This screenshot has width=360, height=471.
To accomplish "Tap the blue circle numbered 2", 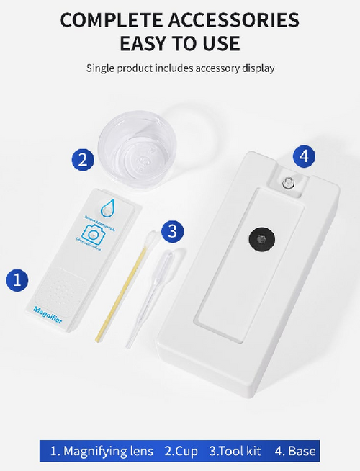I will pos(84,159).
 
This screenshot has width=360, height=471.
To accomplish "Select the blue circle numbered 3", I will pos(172,231).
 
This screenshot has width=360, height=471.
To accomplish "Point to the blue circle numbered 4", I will pos(305,155).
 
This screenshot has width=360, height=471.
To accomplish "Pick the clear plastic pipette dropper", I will pos(151,288).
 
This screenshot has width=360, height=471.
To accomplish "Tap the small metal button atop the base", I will pos(288,182).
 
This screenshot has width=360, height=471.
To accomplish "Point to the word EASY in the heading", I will pos(148,45).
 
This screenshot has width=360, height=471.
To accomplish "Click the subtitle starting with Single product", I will pos(180,68).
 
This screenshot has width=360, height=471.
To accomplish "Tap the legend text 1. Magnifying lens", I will pos(102,452).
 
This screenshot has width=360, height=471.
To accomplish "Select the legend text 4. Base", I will pos(295,452).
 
